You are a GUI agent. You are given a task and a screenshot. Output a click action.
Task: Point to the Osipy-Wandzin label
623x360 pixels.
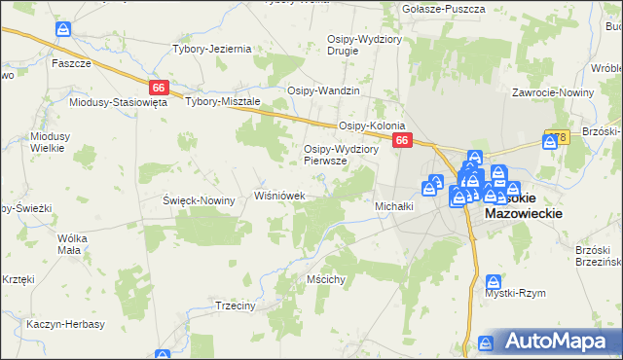point(323,90)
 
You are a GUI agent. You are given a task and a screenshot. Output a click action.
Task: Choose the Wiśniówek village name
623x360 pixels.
point(280,196)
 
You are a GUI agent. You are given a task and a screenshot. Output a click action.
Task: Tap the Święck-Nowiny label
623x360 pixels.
point(199,200)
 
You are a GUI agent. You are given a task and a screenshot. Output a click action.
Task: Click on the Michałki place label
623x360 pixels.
point(395,206)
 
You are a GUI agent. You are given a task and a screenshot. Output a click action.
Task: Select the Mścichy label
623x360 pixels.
point(326,279)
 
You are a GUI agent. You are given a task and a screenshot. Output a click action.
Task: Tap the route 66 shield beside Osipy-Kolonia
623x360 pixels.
point(403,141)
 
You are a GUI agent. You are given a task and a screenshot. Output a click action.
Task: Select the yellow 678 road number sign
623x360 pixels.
point(557,137)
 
